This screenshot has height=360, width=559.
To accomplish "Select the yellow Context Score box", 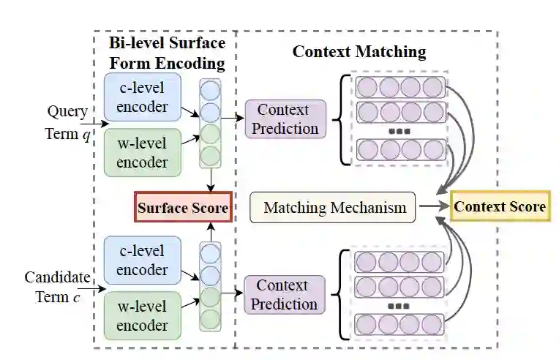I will coord(500,206).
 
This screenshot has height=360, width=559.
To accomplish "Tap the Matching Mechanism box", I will coord(334,207).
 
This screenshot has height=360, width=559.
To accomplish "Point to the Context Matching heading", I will coord(359,52).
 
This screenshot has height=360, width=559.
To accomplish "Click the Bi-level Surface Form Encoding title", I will coord(168,53).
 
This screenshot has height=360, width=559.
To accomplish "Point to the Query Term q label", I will coord(67,122).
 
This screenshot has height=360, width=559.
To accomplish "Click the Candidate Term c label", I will coord(57,288).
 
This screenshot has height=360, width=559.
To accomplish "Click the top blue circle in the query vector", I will coord(210,91).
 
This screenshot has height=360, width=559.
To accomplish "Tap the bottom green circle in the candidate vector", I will coord(210,319).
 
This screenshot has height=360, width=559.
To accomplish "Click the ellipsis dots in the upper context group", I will coord(400,132).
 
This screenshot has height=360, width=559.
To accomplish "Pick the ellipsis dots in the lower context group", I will coord(400,307).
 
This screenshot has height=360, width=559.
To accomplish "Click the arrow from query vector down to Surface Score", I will coord(210,179).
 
